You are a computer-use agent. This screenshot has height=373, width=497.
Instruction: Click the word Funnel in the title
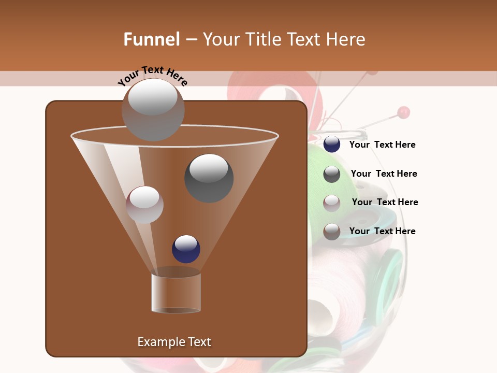coord(151,39)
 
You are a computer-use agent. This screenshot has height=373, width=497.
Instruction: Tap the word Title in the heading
coord(262,39)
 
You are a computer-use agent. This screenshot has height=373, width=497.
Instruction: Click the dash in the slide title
coord(191,39)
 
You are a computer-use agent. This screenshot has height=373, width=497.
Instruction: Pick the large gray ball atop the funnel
coord(153,110)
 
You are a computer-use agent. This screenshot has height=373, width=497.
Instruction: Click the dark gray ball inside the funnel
coord(209,178)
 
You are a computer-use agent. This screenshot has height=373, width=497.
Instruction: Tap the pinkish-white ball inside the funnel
coord(144,205)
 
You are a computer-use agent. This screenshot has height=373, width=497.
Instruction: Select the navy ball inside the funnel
coord(186,249)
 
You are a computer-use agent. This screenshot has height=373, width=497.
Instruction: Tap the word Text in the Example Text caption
coord(199,342)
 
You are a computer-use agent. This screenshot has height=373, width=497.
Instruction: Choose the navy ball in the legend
coord(332,145)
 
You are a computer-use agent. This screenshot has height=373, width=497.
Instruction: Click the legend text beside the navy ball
coord(382,145)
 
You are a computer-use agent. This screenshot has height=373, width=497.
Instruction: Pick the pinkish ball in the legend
coord(332,203)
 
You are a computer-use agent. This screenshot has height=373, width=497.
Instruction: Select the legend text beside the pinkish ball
coord(385,203)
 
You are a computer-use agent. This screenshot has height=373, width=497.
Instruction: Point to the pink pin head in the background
coord(404,112)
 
